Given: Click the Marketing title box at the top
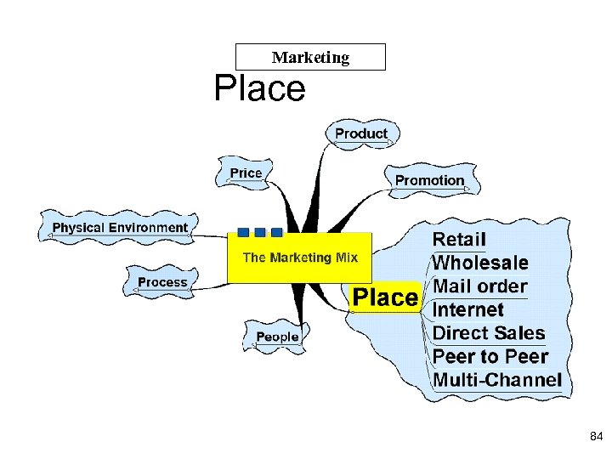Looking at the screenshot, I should click(310, 58).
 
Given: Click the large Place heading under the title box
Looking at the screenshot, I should click(259, 88).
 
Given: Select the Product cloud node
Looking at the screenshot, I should click(361, 133).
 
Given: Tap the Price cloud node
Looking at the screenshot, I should click(246, 173).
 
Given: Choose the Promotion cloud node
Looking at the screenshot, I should click(429, 180).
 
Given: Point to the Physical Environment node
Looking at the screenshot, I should click(120, 228).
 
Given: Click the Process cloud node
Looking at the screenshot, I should click(162, 282).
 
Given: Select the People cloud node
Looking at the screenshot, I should click(277, 337).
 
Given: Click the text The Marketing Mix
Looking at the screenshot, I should click(300, 258).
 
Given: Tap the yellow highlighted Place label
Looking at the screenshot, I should click(385, 297).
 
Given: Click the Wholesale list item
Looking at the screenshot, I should click(480, 263).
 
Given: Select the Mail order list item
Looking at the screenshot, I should click(480, 286).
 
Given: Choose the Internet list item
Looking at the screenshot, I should click(468, 309).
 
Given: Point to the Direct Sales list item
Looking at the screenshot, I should click(489, 333).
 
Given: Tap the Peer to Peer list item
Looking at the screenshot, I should click(490, 356).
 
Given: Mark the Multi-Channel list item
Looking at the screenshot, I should click(497, 380).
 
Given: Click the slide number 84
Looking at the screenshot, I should click(595, 436).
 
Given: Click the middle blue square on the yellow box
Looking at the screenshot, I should click(260, 232).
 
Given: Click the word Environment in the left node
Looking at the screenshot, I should click(146, 228).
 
